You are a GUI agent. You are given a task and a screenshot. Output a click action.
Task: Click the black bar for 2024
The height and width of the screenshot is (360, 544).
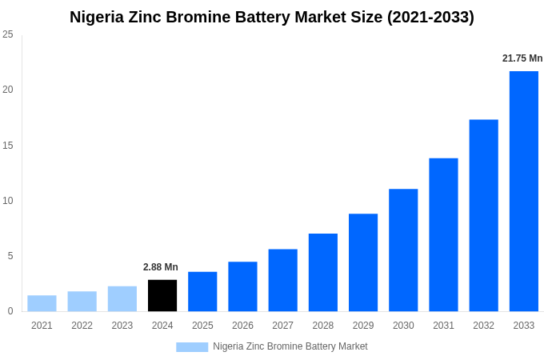(x=162, y=295)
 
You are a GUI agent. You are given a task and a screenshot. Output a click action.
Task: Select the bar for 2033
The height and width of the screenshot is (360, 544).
(x=523, y=191)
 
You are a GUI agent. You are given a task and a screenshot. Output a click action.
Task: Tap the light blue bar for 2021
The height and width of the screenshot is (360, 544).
(x=42, y=303)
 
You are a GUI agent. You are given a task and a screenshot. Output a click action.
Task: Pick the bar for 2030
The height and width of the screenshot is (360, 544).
(x=403, y=250)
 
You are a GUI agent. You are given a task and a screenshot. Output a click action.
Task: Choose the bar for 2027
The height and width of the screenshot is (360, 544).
(x=282, y=280)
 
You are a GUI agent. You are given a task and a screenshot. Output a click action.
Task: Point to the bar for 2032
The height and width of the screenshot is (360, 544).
(x=483, y=215)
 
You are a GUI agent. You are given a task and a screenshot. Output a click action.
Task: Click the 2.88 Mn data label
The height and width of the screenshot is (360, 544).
(x=161, y=267)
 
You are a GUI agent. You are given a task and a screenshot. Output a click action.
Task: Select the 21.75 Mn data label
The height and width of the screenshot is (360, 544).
(x=522, y=58)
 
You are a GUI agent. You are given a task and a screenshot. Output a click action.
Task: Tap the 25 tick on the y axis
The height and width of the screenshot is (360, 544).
(x=8, y=34)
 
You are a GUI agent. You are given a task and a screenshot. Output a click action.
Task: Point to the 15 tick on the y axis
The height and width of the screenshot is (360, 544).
(x=8, y=146)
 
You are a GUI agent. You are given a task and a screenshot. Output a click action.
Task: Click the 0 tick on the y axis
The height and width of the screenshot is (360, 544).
(x=10, y=311)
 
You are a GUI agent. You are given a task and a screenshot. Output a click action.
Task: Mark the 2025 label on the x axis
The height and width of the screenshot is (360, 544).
(x=202, y=326)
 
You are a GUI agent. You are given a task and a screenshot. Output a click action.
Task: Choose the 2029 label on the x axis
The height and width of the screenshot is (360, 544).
(x=363, y=326)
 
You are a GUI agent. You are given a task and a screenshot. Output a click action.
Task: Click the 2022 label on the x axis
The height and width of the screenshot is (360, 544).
(x=82, y=326)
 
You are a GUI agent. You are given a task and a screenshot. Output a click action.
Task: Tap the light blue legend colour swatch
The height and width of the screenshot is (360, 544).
(x=192, y=347)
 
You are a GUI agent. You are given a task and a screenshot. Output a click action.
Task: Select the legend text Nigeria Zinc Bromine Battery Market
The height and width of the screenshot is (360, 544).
(x=290, y=346)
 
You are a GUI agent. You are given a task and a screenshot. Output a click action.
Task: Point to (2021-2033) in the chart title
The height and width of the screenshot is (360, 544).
(x=430, y=17)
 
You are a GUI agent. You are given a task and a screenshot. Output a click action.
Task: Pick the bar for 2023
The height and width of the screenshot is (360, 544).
(x=122, y=298)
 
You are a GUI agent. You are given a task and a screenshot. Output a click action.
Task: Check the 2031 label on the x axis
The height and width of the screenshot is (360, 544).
(x=443, y=326)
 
